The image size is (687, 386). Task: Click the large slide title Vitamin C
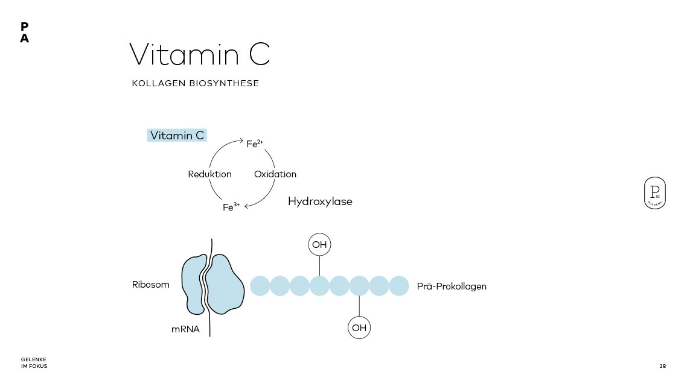coord(199,54)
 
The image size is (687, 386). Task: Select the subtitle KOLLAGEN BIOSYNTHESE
coord(195,83)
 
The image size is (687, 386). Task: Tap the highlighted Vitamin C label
coord(177,135)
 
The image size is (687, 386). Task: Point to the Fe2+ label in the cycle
coord(254,144)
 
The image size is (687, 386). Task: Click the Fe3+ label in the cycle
coord(231,207)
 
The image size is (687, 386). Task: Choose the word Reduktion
coord(209,174)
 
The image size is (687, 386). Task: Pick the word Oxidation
coord(275,174)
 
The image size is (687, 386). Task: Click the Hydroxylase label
coord(320,201)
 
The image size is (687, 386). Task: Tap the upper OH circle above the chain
coord(320,245)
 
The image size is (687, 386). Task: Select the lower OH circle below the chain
coord(359,328)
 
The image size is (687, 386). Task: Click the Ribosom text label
coord(151,285)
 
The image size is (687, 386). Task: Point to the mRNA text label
coord(185,329)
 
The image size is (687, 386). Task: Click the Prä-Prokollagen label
coord(452,286)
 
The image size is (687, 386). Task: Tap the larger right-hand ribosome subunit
coord(225,284)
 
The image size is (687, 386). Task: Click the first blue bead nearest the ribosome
coord(260,285)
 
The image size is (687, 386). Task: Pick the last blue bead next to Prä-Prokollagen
coord(399,285)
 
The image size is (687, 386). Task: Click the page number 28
coord(662,366)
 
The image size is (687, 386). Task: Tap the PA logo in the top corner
coord(24,33)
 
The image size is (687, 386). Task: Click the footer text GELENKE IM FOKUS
coord(34,363)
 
